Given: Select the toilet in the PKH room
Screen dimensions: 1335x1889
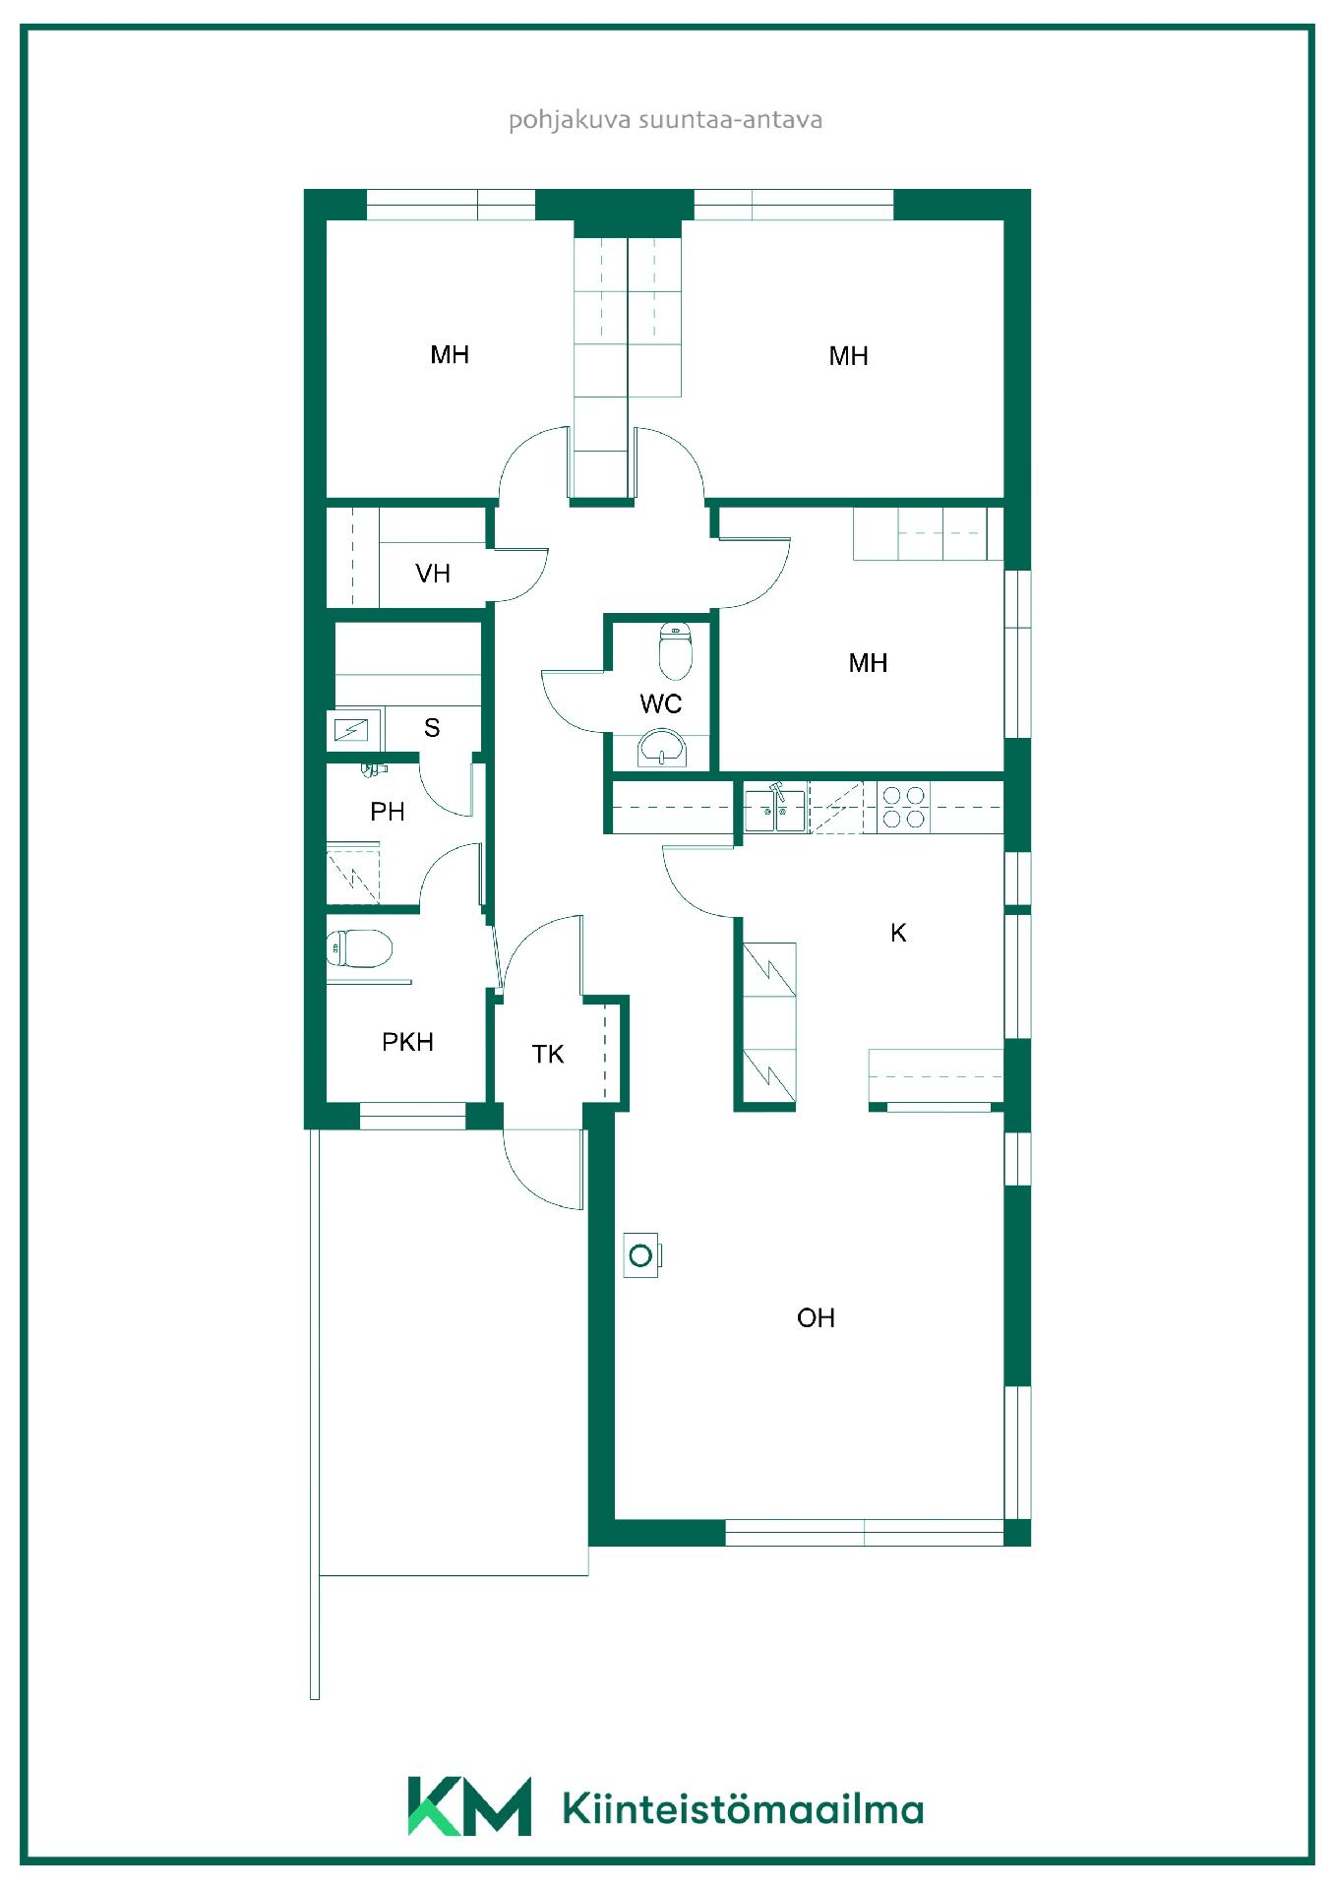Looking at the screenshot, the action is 359,949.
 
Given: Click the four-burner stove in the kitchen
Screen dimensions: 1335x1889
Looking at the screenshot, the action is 903,807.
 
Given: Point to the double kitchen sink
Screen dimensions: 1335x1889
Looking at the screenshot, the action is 775,809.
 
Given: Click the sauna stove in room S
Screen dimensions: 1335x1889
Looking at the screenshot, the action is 351,730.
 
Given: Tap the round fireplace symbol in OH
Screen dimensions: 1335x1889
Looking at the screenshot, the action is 641,1255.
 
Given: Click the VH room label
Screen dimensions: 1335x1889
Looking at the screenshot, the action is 433,574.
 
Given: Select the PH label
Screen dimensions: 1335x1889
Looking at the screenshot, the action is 388,812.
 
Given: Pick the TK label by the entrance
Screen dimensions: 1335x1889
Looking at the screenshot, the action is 548,1055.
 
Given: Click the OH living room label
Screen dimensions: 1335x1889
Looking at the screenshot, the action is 816,1317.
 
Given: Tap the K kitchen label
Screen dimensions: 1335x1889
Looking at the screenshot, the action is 898,933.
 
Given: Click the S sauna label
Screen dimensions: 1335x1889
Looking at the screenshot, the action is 432,728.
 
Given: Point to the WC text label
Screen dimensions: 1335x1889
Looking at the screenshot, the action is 661,703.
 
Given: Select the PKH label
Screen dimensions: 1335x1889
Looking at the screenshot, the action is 407,1042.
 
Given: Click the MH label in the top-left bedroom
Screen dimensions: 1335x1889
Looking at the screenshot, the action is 450,354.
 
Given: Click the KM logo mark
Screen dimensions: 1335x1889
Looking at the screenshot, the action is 469,1806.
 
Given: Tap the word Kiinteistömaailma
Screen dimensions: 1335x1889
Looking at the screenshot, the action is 743,1808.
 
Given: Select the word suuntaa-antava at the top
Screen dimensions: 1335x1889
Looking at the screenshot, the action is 731,120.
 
